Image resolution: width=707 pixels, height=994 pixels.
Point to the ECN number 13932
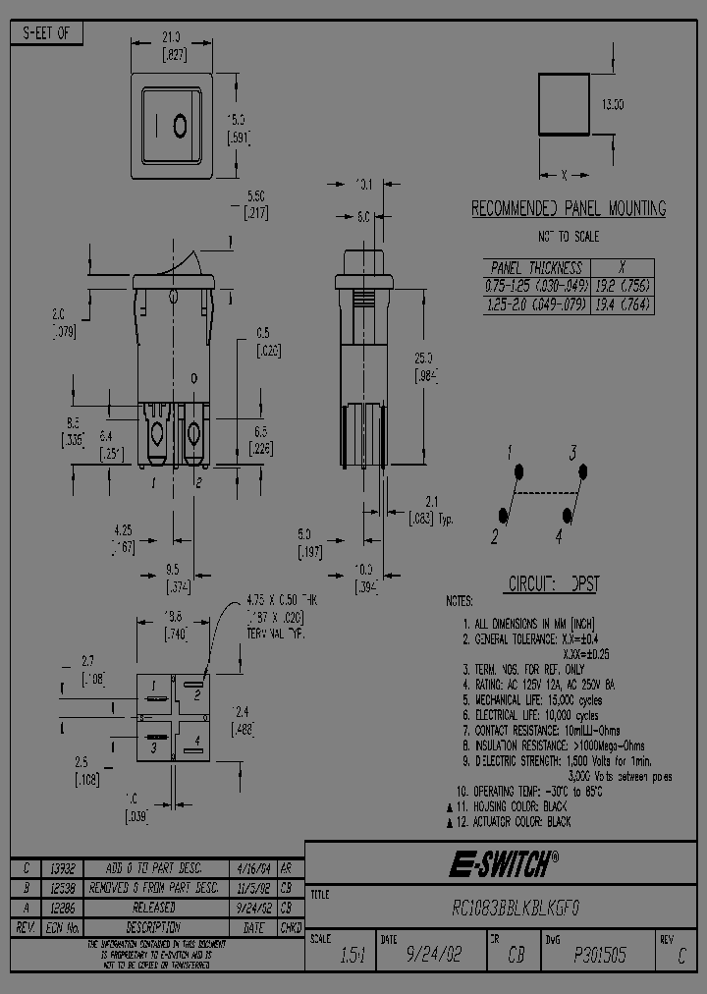click(63, 868)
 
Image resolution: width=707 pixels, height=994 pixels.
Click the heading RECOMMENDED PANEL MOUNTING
click(569, 209)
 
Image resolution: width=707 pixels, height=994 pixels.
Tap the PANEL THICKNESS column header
click(536, 267)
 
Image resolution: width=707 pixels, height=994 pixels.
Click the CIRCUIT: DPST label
click(553, 583)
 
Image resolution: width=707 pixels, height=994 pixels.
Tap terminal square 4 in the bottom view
click(195, 740)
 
